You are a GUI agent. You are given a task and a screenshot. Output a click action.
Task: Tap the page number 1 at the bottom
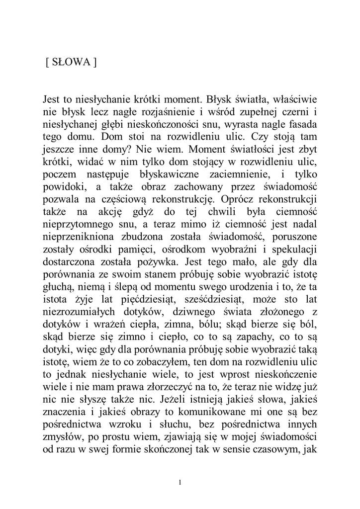(180, 482)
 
